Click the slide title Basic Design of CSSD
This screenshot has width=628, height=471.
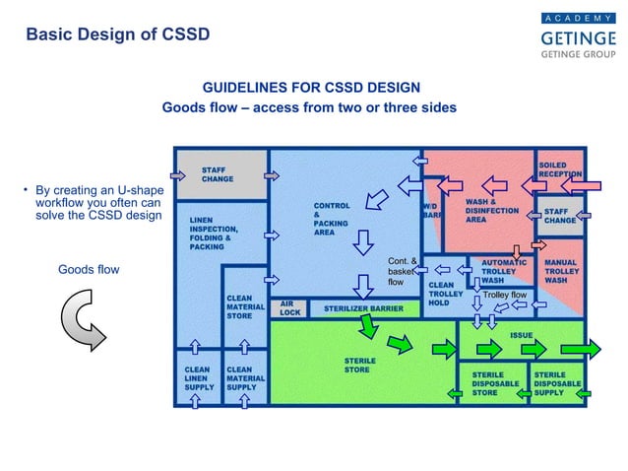[117, 35]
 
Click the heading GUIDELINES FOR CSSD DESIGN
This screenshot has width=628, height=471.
[311, 88]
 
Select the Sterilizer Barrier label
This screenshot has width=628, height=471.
[357, 308]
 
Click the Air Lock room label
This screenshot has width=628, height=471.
[289, 308]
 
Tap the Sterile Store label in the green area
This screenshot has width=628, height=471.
[359, 366]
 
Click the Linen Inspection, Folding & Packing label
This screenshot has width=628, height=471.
[211, 233]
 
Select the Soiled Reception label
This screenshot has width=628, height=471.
[559, 168]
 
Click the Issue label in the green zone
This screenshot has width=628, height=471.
[521, 336]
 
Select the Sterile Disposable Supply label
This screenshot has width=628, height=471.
[558, 383]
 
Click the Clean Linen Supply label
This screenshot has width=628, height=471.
[197, 379]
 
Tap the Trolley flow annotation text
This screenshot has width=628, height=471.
[505, 295]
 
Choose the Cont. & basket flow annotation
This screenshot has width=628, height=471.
[403, 271]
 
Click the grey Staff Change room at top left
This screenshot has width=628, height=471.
[220, 174]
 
